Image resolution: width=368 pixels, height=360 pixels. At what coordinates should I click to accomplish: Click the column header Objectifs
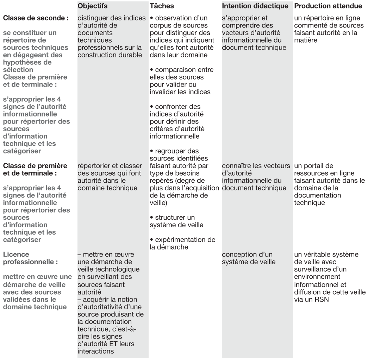coord(92,6)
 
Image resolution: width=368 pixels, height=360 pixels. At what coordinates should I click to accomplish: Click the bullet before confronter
coord(151,106)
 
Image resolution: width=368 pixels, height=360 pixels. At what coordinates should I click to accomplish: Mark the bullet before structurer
coord(151,217)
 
